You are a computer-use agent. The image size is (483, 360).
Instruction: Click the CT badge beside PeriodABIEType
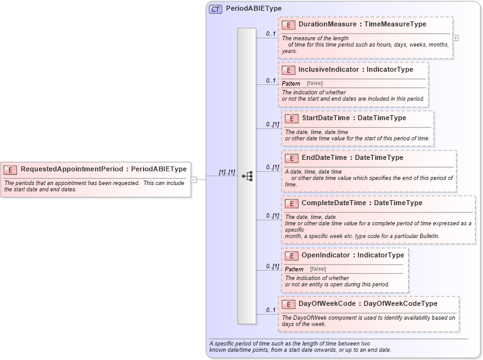click(x=215, y=9)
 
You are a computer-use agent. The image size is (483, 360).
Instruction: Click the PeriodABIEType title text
click(x=254, y=9)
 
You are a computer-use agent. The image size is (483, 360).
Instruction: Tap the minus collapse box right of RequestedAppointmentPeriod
click(x=194, y=179)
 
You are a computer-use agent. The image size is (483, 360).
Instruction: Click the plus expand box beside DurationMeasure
click(x=456, y=38)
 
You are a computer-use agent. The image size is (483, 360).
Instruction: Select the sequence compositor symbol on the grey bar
click(x=247, y=176)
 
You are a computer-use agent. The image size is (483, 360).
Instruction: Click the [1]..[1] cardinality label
click(x=227, y=172)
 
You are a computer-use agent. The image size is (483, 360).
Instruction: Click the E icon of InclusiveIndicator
click(x=288, y=70)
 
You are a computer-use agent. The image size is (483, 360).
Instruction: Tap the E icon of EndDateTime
click(x=292, y=157)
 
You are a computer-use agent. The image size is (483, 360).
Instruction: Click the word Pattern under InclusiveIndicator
click(x=291, y=84)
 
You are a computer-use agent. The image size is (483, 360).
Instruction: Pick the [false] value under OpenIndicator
click(x=318, y=269)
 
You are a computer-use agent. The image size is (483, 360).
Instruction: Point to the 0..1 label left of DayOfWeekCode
click(x=271, y=310)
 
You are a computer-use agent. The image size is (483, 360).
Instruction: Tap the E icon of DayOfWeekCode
click(x=288, y=304)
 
